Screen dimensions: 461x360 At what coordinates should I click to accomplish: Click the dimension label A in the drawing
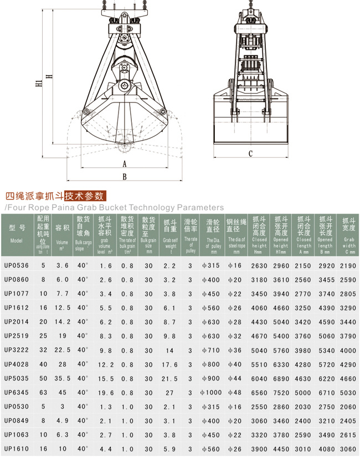click(x=124, y=164)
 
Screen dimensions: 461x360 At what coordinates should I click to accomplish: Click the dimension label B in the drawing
click(x=124, y=177)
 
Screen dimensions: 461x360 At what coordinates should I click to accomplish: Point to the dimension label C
click(x=250, y=153)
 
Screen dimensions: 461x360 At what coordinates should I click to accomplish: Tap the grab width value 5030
click(x=348, y=393)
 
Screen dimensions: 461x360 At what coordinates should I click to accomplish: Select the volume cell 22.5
click(x=63, y=350)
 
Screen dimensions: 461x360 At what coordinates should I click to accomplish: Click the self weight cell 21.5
click(x=170, y=378)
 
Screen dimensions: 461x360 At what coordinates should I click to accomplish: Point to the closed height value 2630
click(x=259, y=265)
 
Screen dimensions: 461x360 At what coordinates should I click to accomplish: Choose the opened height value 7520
click(x=281, y=393)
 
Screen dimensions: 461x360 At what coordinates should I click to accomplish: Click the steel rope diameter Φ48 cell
click(x=236, y=393)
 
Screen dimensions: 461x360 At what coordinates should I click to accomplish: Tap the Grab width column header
click(x=348, y=233)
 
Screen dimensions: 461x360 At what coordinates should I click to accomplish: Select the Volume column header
click(x=62, y=233)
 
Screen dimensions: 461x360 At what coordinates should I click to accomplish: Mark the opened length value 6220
click(x=325, y=378)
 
